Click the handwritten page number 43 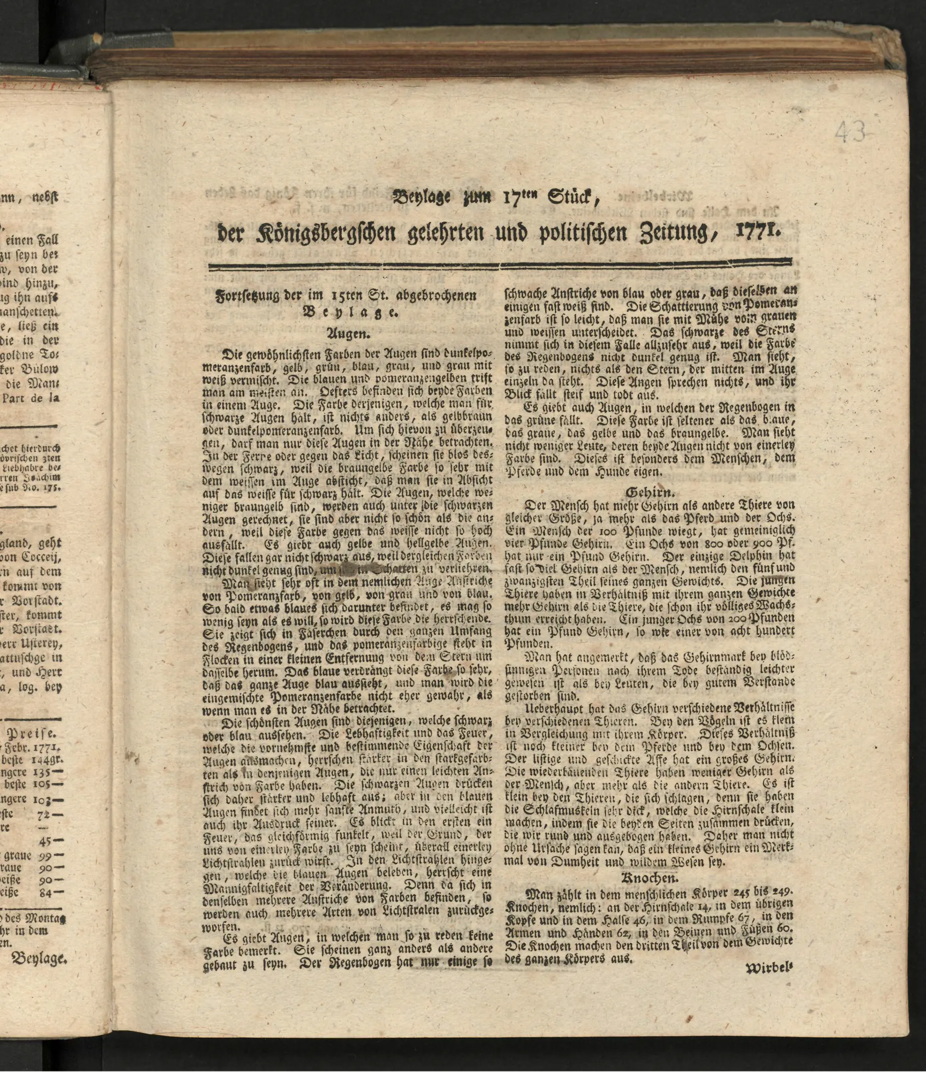click(850, 133)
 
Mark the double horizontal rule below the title click(499, 267)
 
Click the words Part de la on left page click(31, 398)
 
